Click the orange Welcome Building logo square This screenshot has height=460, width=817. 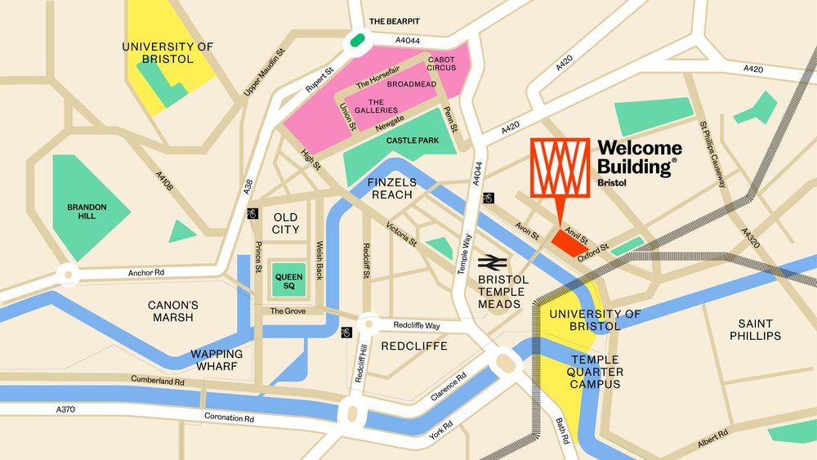click(x=560, y=167)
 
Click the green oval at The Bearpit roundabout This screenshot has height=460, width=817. click(x=357, y=38)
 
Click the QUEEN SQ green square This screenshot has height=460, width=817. click(x=288, y=280)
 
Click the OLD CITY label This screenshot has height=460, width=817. click(x=286, y=223)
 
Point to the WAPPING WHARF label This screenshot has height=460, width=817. click(x=217, y=360)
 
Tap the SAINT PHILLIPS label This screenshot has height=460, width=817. click(x=756, y=329)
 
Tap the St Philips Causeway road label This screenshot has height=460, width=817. click(x=712, y=154)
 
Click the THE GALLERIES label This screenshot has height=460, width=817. click(x=377, y=105)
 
